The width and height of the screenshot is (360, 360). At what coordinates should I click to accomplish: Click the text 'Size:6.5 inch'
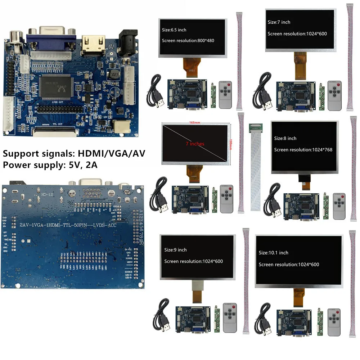tap(174, 30)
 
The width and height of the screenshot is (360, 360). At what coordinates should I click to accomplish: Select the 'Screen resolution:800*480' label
tap(188, 40)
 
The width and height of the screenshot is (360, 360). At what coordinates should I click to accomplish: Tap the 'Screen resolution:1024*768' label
tap(303, 150)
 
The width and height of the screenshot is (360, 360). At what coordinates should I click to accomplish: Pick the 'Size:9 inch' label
tap(175, 250)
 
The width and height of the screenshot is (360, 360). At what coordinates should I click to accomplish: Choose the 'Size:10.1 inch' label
tap(273, 253)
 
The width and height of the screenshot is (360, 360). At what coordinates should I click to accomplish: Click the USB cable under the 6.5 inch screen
tap(156, 92)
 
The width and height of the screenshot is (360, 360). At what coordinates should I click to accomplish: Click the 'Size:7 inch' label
tap(279, 22)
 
